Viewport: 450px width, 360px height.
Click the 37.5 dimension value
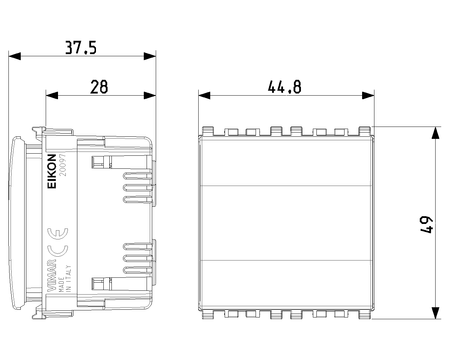click(x=81, y=48)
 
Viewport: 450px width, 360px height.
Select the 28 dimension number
click(x=99, y=86)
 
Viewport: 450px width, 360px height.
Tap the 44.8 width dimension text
click(x=285, y=86)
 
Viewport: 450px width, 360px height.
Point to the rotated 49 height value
click(x=426, y=225)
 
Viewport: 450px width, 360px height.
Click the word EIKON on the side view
click(x=52, y=171)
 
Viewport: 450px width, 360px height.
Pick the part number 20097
click(x=63, y=165)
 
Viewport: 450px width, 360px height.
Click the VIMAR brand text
click(x=52, y=276)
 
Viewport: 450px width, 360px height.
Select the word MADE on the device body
click(x=62, y=284)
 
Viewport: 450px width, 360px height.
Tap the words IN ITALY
click(x=69, y=279)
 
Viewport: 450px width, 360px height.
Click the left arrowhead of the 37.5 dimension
click(x=15, y=56)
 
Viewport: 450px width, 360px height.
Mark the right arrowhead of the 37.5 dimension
click(x=150, y=56)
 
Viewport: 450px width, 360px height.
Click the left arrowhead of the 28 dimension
click(x=52, y=96)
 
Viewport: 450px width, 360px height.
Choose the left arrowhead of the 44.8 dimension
click(x=204, y=96)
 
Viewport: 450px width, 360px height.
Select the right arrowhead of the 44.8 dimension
click(x=368, y=96)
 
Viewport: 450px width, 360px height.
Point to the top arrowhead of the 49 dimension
click(x=436, y=133)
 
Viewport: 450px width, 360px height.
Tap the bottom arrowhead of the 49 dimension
click(x=436, y=313)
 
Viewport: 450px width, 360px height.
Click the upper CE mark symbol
click(x=58, y=234)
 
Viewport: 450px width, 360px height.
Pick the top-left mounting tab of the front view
click(x=208, y=131)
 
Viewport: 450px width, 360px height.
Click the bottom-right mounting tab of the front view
click(x=365, y=315)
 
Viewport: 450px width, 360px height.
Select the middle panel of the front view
click(x=286, y=223)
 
